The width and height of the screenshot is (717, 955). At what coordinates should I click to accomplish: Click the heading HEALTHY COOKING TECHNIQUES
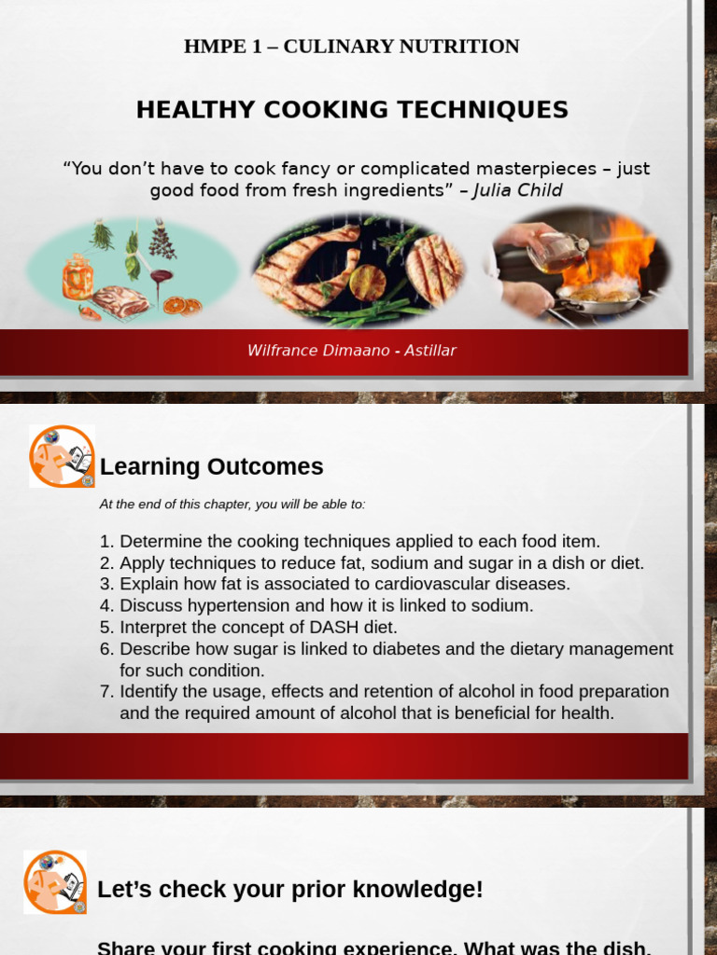[352, 110]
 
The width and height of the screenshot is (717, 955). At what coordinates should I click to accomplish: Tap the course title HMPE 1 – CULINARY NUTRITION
[351, 47]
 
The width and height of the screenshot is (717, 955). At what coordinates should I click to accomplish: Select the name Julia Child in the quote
[517, 191]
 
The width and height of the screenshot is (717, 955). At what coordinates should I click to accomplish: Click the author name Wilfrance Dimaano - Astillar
[351, 351]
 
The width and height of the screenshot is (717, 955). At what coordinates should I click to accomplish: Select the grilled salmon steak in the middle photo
[307, 266]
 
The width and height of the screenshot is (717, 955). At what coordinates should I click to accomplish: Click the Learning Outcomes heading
[211, 466]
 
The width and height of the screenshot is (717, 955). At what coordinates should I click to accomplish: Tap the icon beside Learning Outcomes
[62, 456]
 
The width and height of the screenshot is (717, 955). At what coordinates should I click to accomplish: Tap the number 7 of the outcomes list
[105, 692]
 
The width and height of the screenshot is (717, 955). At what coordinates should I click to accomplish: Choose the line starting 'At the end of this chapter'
[232, 505]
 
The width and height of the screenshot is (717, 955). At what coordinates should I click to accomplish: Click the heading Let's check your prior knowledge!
[290, 890]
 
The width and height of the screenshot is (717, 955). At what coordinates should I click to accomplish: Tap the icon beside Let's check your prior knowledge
[55, 881]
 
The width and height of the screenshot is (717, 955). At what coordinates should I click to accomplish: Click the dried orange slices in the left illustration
[181, 306]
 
